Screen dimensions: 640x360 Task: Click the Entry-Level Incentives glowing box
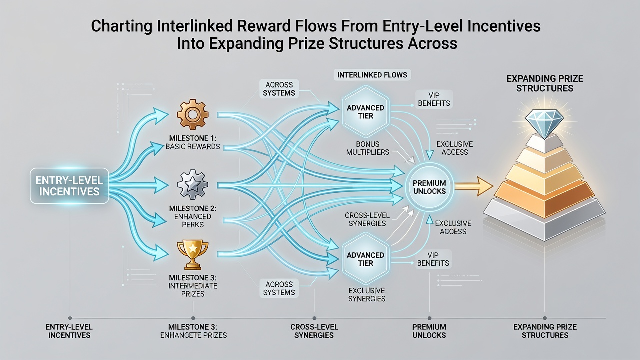[x=69, y=186]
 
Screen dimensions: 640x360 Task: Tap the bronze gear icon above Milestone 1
[x=193, y=115]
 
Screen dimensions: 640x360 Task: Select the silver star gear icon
[x=193, y=185]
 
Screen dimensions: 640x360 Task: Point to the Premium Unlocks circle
[x=429, y=187]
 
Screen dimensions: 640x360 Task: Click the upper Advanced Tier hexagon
[x=365, y=111]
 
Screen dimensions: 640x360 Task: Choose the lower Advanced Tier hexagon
[x=365, y=259]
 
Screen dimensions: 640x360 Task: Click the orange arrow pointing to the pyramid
[x=473, y=186]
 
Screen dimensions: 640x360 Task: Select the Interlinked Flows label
[x=372, y=75]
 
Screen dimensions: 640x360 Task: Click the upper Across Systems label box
[x=279, y=89]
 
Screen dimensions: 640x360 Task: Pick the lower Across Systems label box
[x=279, y=288]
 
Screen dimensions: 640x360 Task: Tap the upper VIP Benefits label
[x=434, y=99]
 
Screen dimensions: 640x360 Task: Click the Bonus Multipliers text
[x=367, y=148]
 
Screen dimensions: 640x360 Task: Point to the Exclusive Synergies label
[x=367, y=295]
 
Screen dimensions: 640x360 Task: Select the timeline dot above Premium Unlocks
[x=429, y=318]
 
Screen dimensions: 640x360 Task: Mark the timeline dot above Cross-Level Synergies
[x=314, y=318]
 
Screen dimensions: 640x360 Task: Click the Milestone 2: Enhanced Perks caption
[x=193, y=217]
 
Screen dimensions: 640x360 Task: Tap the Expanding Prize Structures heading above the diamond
[x=545, y=83]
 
